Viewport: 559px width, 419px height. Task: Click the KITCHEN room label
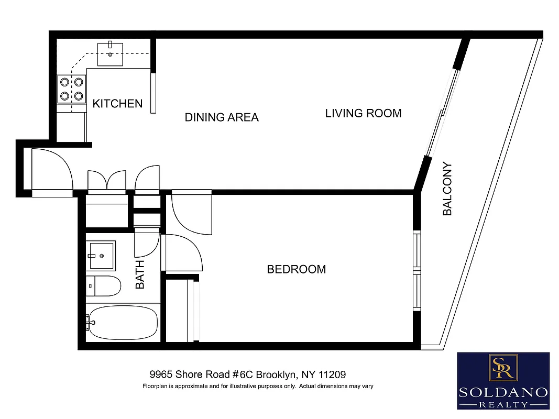coord(117,104)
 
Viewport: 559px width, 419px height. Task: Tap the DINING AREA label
coord(222,117)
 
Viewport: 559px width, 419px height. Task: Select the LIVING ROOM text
coord(363,113)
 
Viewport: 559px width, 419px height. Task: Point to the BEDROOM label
coord(296,269)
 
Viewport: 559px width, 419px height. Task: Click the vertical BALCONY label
coord(447,189)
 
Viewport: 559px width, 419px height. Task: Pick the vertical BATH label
coord(140,275)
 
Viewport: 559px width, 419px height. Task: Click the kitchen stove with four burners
coord(72,89)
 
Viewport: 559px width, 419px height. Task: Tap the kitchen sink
coord(110,53)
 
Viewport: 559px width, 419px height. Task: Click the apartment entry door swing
coord(51,169)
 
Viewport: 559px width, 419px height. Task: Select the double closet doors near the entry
coord(107,180)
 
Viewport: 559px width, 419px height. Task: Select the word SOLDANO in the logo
coord(503,392)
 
